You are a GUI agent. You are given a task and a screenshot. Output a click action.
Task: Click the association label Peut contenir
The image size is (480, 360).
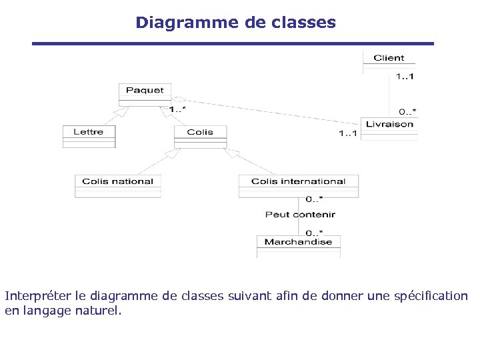pos(300,215)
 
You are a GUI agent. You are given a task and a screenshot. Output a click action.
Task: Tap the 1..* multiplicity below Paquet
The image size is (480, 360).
pos(177,109)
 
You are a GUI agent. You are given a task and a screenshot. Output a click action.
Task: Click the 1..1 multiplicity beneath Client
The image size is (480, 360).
pos(404,77)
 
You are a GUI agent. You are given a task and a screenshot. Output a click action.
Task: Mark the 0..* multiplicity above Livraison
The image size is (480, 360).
pos(407,111)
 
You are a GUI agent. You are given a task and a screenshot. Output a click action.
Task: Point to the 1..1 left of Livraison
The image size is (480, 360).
pos(348,134)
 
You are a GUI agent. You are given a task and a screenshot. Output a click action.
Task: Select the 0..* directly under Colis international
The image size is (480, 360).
pos(314,199)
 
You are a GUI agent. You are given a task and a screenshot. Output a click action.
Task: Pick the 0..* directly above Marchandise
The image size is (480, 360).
pos(314,232)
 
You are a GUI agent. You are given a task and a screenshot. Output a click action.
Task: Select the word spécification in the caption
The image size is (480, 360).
pos(428,295)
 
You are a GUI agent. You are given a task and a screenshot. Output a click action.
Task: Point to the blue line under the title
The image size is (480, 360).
pos(233,44)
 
